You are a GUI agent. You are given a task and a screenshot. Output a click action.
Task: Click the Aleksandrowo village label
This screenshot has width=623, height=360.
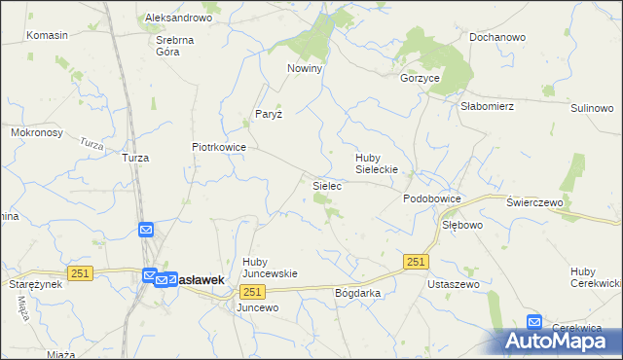pos(178,18)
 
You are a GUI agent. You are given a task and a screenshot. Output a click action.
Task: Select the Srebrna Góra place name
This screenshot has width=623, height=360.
pos(176,47)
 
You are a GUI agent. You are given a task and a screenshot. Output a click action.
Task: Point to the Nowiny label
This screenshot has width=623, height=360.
pos(304,69)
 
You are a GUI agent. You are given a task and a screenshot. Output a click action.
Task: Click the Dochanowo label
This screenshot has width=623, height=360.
pos(497,37)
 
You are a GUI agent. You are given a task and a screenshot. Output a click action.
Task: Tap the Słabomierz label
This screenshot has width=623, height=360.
pos(487,107)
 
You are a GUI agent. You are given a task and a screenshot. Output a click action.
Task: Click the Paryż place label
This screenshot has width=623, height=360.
pos(268,114)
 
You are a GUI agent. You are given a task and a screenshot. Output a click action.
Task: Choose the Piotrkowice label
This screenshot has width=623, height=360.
pos(218,147)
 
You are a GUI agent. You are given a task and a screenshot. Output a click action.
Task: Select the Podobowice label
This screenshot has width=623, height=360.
pos(432,198)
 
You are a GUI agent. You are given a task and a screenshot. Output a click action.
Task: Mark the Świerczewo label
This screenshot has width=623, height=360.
pos(536,201)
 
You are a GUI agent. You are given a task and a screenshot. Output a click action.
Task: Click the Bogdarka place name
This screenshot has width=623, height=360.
pos(356,292)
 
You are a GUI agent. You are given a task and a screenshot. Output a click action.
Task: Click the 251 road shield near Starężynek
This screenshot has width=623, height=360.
pos(81,274)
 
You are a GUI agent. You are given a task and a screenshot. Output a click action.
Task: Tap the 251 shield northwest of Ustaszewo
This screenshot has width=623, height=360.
pos(416,262)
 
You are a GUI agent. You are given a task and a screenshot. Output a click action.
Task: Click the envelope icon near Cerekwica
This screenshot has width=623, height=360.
pos(534,321)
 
